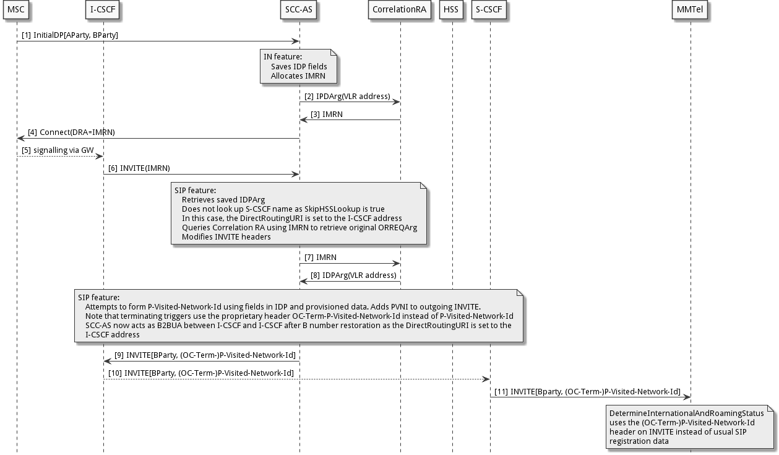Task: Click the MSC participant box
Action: (17, 10)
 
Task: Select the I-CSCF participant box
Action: (103, 10)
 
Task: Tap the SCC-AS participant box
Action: (299, 10)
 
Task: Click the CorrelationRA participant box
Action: (400, 10)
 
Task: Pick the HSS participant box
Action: (452, 10)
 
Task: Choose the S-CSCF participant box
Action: (489, 10)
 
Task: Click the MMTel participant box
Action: (691, 10)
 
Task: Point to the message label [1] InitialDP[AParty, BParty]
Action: (69, 35)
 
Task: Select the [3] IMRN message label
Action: (327, 115)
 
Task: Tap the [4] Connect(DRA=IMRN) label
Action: (71, 132)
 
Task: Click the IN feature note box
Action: (299, 66)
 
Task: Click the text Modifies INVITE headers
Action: (226, 236)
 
